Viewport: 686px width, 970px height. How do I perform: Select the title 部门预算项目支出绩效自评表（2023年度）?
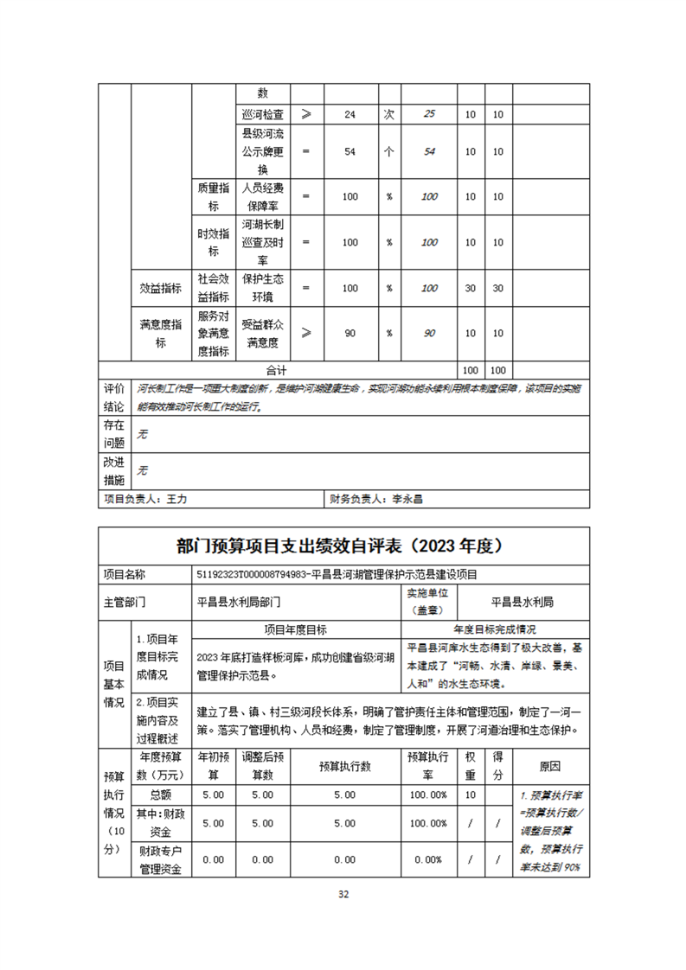click(343, 546)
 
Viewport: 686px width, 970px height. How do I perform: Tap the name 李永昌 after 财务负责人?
click(408, 499)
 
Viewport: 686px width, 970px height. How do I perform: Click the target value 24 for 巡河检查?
click(349, 114)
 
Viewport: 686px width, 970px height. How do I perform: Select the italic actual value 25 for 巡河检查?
click(429, 114)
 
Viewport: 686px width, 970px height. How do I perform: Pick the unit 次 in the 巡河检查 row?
click(389, 114)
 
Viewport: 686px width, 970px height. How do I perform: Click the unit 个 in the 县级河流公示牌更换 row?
click(389, 151)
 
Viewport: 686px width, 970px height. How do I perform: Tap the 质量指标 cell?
click(213, 197)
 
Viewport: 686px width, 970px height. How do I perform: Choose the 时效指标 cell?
click(213, 243)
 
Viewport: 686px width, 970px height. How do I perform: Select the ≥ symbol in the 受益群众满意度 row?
click(306, 334)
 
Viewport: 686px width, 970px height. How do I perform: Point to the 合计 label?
click(277, 369)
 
